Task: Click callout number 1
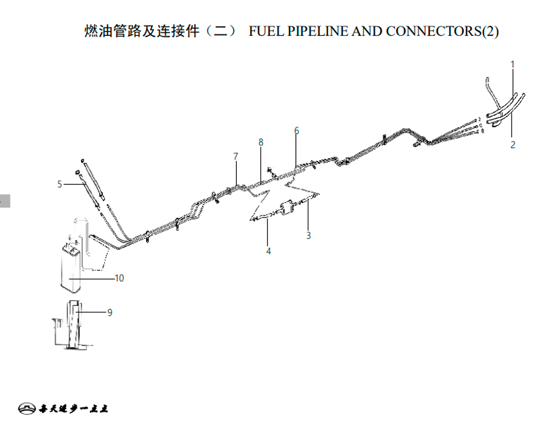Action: (513, 64)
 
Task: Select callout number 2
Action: (513, 144)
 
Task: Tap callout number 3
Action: (309, 235)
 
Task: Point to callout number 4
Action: (268, 251)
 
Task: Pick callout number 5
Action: (60, 184)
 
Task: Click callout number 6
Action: (296, 130)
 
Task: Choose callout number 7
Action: (236, 156)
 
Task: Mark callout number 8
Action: (261, 142)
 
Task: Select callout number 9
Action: (110, 312)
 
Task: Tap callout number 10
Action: (119, 278)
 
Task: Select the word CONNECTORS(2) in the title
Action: (442, 31)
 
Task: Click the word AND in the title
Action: (367, 31)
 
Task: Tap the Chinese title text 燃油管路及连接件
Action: (142, 31)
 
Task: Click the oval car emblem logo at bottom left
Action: (27, 408)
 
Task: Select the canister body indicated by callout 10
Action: (70, 269)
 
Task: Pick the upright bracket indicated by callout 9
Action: (75, 325)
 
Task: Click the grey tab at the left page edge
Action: (5, 201)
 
